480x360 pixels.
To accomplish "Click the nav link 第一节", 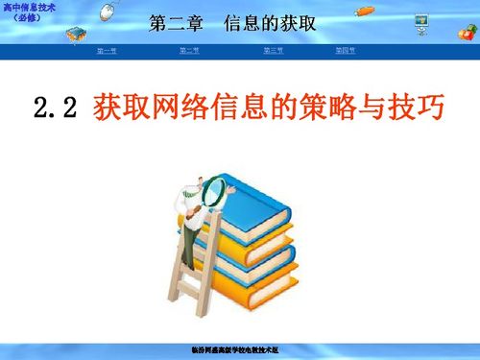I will tap(107, 50).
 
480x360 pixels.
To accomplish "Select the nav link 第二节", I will tap(188, 50).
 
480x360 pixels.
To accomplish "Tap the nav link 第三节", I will tap(273, 50).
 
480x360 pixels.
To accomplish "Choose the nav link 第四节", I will tap(345, 50).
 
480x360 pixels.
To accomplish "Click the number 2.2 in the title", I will tap(54, 108).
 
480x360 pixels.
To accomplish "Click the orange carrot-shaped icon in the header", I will tap(366, 12).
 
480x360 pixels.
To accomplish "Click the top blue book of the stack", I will tap(254, 197).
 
